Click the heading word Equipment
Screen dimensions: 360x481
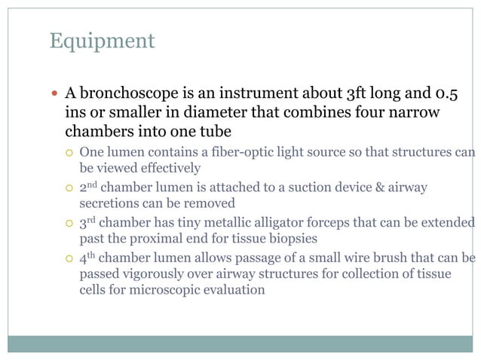tap(102, 41)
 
